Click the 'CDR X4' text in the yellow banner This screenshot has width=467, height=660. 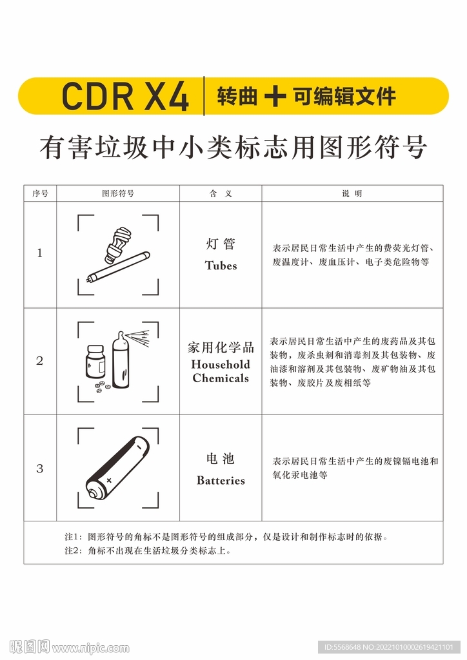click(x=125, y=96)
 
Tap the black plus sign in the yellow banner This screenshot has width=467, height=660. click(x=275, y=96)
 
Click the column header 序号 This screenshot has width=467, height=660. click(x=40, y=193)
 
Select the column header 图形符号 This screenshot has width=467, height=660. click(x=117, y=193)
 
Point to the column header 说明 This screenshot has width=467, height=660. click(x=352, y=193)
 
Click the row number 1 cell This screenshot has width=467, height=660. click(x=40, y=253)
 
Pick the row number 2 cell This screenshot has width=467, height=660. click(x=40, y=361)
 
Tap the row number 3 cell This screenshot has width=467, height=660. click(x=40, y=469)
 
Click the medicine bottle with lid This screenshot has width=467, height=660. click(x=95, y=362)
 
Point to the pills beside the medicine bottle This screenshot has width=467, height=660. click(x=102, y=387)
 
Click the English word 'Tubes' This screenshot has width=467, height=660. click(x=221, y=266)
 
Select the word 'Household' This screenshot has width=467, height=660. click(x=221, y=364)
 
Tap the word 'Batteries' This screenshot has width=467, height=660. click(x=221, y=480)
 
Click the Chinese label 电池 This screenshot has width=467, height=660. click(x=221, y=459)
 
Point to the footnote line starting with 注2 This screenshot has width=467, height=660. click(x=148, y=551)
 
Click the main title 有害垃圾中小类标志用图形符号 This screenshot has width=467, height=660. click(x=233, y=148)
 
